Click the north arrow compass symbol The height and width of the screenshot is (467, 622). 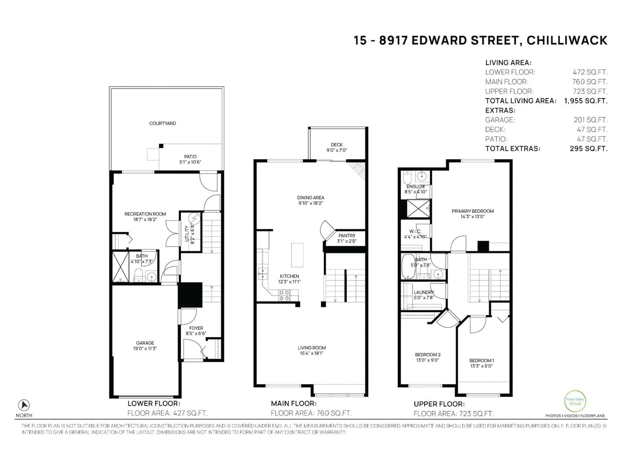(24, 405)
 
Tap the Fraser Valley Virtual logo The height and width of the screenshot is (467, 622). (575, 401)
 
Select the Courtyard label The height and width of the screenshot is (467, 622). (162, 123)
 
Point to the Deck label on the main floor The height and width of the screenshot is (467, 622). (337, 145)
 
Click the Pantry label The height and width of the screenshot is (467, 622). (347, 236)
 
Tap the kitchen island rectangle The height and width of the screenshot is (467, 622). (297, 255)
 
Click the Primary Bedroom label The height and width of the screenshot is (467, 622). (472, 211)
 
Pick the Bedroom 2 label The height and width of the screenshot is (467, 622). (428, 355)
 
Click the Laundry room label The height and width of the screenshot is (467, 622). (424, 292)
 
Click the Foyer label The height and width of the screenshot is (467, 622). (196, 328)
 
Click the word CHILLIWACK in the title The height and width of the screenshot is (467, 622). (567, 41)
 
